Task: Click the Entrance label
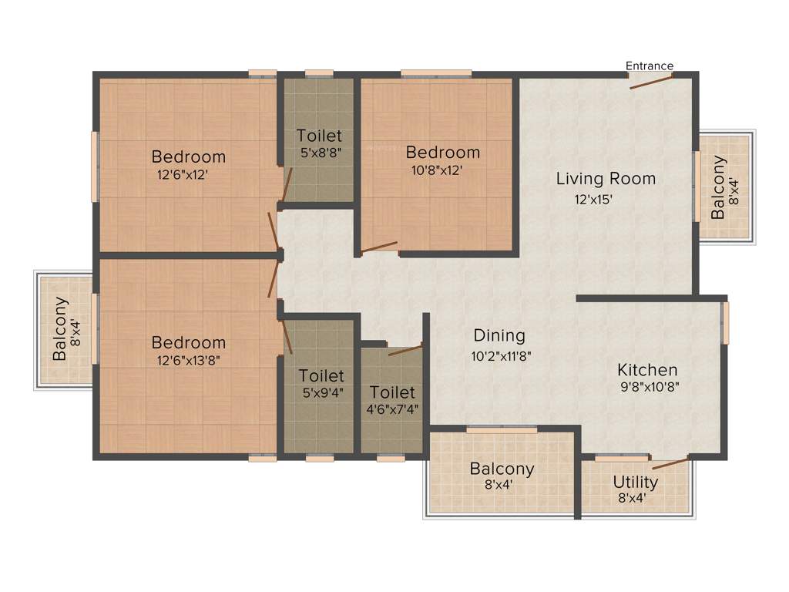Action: pyautogui.click(x=650, y=66)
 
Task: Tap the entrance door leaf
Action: pyautogui.click(x=651, y=81)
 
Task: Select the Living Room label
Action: pyautogui.click(x=606, y=179)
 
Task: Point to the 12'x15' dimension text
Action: pyautogui.click(x=593, y=199)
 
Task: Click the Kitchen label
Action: pyautogui.click(x=647, y=370)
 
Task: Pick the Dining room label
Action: pyautogui.click(x=499, y=335)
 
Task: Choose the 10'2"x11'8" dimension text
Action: pyautogui.click(x=502, y=356)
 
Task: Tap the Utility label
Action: pyautogui.click(x=636, y=483)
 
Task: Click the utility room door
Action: pyautogui.click(x=670, y=464)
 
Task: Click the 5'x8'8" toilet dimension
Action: pyautogui.click(x=320, y=153)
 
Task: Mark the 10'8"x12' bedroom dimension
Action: pyautogui.click(x=437, y=170)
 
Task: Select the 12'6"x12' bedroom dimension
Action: pyautogui.click(x=183, y=174)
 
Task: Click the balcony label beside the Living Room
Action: pyautogui.click(x=724, y=187)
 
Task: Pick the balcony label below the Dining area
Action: pyautogui.click(x=502, y=469)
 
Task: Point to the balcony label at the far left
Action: pyautogui.click(x=65, y=329)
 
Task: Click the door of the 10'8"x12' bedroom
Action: pyautogui.click(x=379, y=248)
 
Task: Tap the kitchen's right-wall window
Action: pyautogui.click(x=724, y=322)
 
